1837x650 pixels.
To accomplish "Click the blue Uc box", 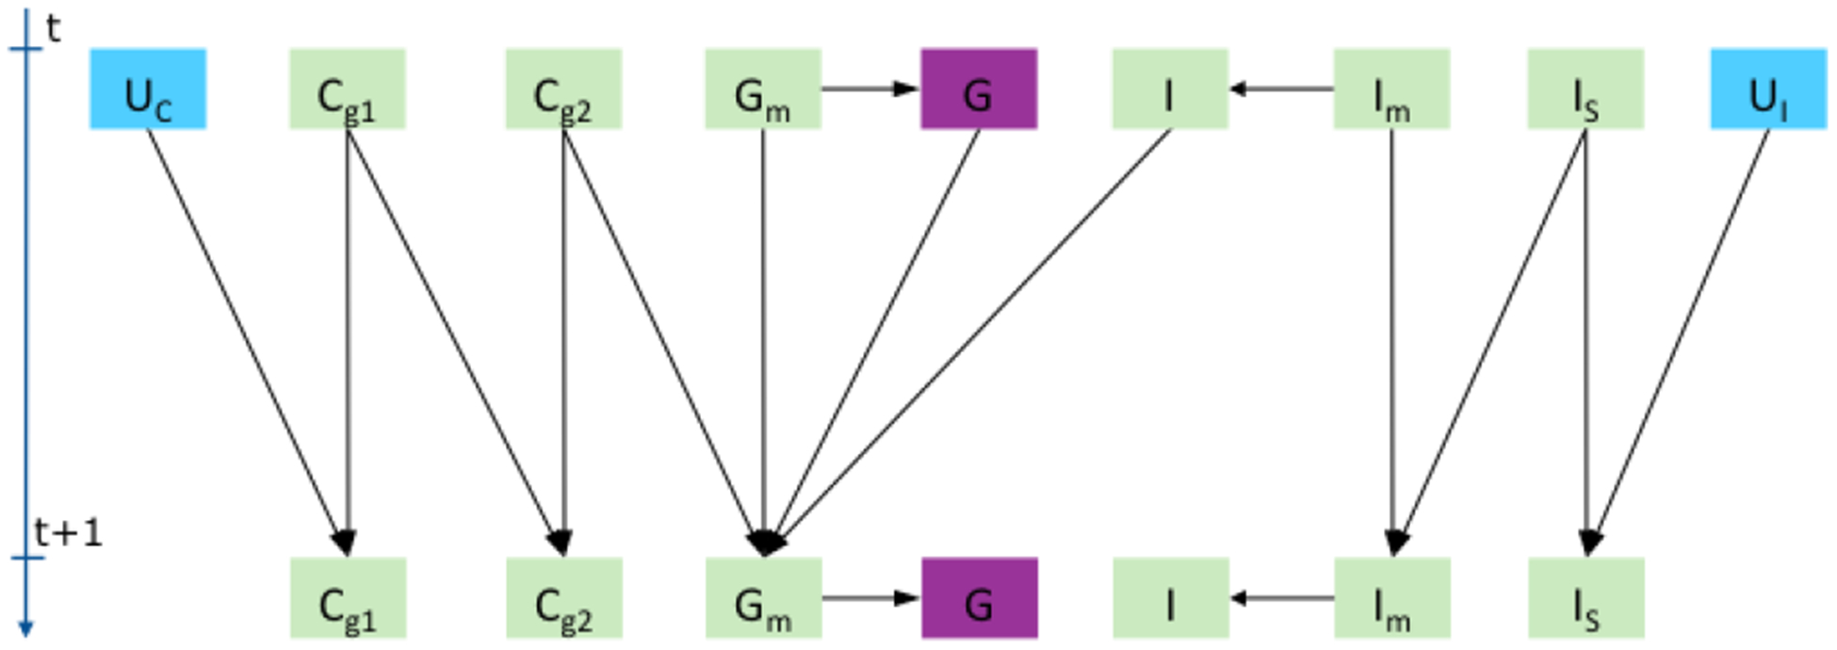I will pyautogui.click(x=148, y=89).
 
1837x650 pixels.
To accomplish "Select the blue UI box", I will pyautogui.click(x=1768, y=89).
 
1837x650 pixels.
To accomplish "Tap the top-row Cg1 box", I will pyautogui.click(x=348, y=89).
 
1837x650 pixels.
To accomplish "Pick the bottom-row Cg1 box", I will pyautogui.click(x=348, y=598).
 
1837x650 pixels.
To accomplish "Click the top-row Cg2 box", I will pyautogui.click(x=563, y=89).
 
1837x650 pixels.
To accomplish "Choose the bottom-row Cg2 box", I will pyautogui.click(x=563, y=598).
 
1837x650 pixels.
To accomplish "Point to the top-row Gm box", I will pyautogui.click(x=763, y=89).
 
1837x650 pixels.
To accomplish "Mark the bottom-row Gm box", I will pyautogui.click(x=763, y=598).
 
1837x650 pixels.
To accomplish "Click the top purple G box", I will pyautogui.click(x=979, y=89).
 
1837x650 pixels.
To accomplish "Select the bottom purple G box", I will pyautogui.click(x=979, y=598).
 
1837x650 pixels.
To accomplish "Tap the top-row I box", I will pyautogui.click(x=1170, y=89).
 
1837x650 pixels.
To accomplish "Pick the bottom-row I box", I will pyautogui.click(x=1170, y=598).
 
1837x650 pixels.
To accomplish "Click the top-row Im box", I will pyautogui.click(x=1391, y=89).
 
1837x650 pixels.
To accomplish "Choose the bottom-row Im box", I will pyautogui.click(x=1391, y=598).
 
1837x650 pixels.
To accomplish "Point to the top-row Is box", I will pyautogui.click(x=1585, y=89).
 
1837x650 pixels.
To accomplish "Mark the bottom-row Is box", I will pyautogui.click(x=1585, y=598).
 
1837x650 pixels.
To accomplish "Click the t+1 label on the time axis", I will pyautogui.click(x=68, y=533).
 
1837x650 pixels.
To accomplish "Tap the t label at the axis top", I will pyautogui.click(x=53, y=28).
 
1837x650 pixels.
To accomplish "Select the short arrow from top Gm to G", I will pyautogui.click(x=870, y=89).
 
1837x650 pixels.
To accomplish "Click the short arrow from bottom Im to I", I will pyautogui.click(x=1281, y=598).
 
